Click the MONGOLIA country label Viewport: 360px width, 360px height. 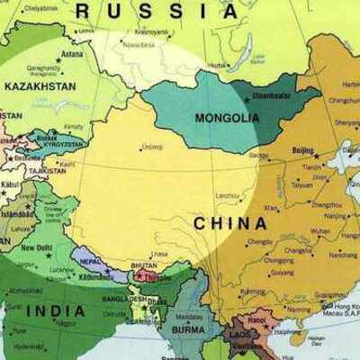pos(227,118)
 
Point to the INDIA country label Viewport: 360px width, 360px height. pos(56,310)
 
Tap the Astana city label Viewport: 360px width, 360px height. pos(71,54)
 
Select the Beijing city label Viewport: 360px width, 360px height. pos(304,150)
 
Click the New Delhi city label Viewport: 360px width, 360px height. pos(37,247)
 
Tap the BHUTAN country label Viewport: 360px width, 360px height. pos(144,267)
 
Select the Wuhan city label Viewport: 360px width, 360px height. pos(320,231)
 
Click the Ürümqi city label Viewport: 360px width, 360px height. pos(152,146)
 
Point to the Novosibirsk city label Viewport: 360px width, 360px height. pos(139,43)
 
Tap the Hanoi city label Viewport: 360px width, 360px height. pos(257,319)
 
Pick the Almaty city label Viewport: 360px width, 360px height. pos(74,127)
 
